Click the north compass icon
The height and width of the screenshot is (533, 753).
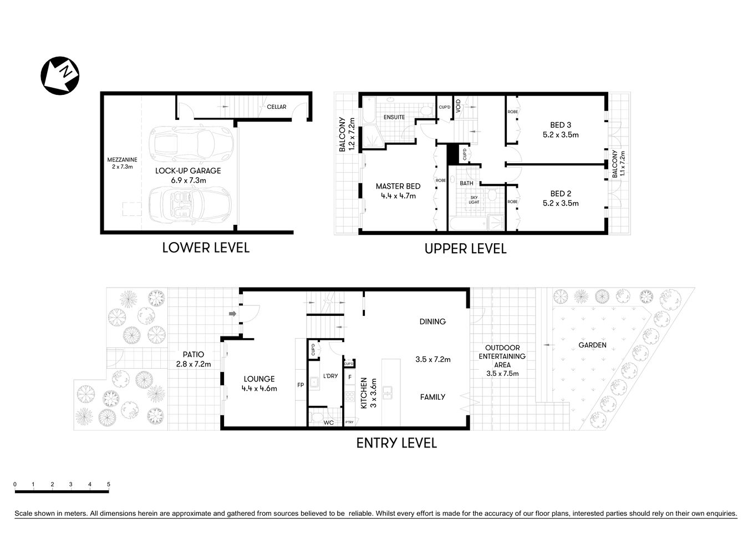coord(60,76)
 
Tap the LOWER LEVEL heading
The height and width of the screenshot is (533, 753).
coord(205,248)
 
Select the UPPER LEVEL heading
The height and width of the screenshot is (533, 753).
coord(465,249)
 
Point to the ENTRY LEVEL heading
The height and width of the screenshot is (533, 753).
coord(396,443)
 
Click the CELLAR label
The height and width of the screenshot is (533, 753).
coord(276,107)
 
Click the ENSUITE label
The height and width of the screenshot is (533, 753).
coord(394,117)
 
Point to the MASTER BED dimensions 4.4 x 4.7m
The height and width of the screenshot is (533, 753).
coord(398,195)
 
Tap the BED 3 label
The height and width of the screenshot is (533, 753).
coord(561,125)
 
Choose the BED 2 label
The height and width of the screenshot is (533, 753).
coord(561,194)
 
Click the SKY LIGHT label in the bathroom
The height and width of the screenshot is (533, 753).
coord(474,200)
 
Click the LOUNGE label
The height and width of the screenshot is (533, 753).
coord(259,379)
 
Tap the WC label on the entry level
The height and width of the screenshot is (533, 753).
coord(328,423)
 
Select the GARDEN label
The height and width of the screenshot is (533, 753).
coord(592,345)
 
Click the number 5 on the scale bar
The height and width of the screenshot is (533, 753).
coord(109,484)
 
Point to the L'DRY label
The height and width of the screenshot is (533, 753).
coord(330,376)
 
